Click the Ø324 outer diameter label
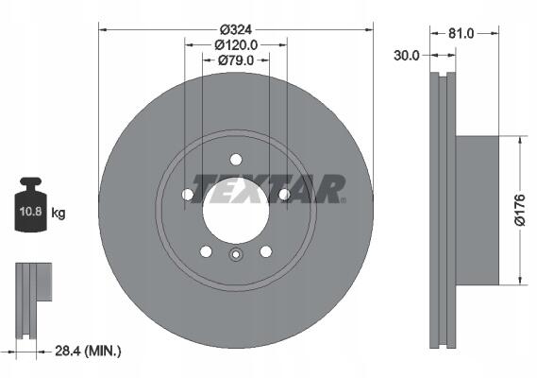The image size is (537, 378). point(236,30)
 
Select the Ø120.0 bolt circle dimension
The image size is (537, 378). point(236,45)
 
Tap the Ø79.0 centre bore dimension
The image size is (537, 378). point(236,60)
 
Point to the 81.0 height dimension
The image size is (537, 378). point(461,33)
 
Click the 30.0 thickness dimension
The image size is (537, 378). point(407,55)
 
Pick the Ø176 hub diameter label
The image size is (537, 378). point(520,211)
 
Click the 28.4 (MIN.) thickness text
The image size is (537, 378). point(88,351)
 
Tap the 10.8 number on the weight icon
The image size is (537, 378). point(30,211)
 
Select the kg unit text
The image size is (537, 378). point(59,214)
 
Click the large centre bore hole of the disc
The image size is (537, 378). point(236,211)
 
